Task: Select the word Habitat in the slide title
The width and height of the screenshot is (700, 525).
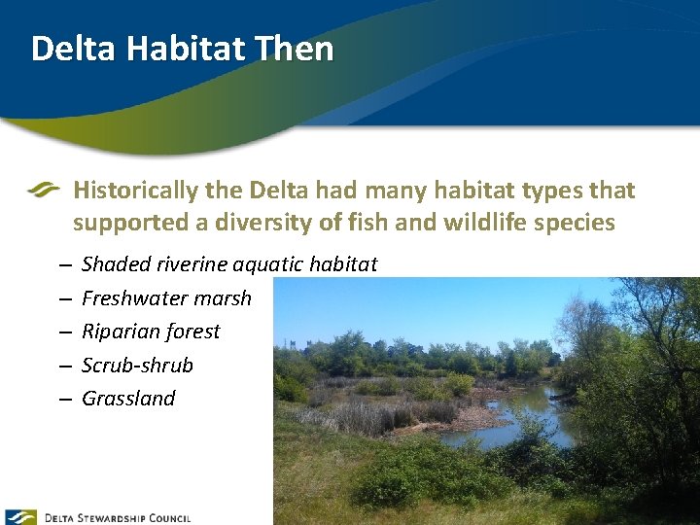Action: pos(178,49)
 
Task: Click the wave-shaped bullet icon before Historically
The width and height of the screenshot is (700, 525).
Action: pos(44,190)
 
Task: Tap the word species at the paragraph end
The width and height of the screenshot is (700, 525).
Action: pos(577,223)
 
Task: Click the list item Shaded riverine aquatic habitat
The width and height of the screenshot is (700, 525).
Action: pos(229,264)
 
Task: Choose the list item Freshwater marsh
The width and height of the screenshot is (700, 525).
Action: pos(166,298)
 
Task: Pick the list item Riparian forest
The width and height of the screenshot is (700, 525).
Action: pos(151,332)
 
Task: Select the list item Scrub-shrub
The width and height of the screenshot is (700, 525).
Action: pos(137,366)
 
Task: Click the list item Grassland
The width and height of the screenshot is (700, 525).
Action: pos(128,399)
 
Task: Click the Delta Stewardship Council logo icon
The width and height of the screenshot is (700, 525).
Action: pos(20,517)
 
